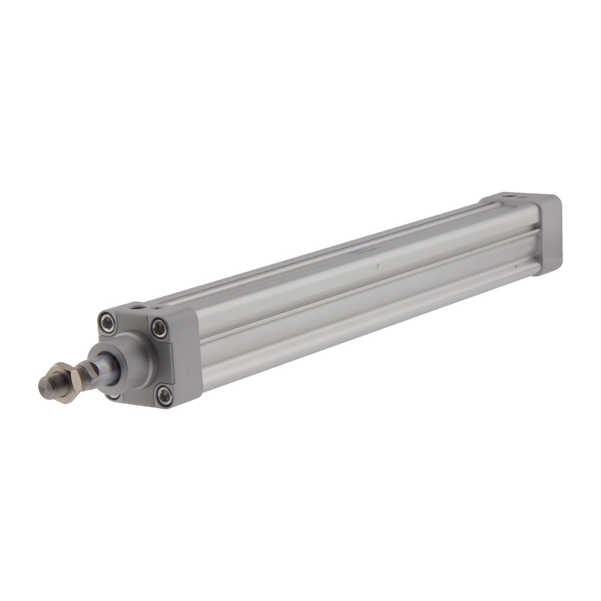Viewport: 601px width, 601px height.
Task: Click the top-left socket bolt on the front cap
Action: pyautogui.click(x=108, y=323)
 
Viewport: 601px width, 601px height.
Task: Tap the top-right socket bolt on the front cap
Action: pyautogui.click(x=159, y=329)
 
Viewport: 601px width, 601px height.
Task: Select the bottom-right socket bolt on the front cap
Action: pyautogui.click(x=163, y=395)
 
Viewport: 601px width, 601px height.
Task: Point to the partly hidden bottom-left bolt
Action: pyautogui.click(x=112, y=395)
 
